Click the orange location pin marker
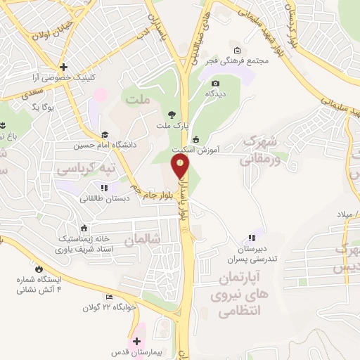(x=181, y=167)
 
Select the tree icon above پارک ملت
(x=171, y=113)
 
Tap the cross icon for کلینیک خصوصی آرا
(x=63, y=66)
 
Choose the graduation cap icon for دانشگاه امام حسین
(x=105, y=134)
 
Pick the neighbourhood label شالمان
(x=143, y=240)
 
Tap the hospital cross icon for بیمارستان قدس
(x=136, y=340)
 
